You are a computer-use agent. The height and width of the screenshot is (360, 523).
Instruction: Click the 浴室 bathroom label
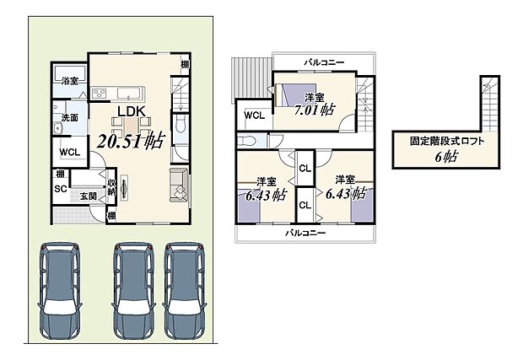(x=69, y=81)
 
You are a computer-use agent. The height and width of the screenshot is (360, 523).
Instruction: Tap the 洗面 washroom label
(x=68, y=117)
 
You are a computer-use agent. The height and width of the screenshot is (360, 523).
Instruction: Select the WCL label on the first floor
(x=68, y=153)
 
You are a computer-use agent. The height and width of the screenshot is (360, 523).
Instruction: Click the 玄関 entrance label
(x=88, y=196)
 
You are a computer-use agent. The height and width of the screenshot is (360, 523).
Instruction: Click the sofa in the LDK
(x=180, y=185)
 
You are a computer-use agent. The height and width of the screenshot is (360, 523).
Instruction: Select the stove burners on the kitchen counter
(x=99, y=93)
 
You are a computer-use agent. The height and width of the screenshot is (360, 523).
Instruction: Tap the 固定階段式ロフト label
(x=447, y=141)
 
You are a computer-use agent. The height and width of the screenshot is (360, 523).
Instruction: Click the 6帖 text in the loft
(x=447, y=158)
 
